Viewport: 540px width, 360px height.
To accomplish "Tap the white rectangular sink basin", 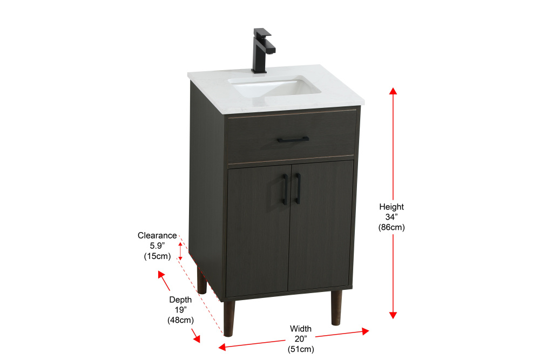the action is (274, 87).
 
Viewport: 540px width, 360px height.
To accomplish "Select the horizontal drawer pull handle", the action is (293, 139).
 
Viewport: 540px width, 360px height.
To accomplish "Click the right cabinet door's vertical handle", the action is (298, 188).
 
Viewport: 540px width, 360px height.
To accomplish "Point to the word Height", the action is (391, 207).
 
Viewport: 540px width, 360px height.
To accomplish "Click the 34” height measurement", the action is (391, 217).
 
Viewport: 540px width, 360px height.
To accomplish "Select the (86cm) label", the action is (391, 227).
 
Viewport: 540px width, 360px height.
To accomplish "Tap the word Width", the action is (301, 329).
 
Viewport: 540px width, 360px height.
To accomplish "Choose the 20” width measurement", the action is (301, 339).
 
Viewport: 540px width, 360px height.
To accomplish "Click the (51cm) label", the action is (301, 349).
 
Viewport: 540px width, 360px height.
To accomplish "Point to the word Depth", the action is (180, 300).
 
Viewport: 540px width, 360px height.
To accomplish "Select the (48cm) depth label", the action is (181, 320).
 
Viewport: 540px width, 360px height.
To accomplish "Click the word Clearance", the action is (157, 236).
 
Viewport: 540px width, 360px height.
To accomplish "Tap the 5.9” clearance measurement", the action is (157, 246).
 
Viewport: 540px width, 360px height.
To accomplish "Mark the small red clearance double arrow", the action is (180, 251).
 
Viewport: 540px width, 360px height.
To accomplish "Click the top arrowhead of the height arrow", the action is (393, 91).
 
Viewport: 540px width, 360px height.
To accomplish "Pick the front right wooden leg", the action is (336, 307).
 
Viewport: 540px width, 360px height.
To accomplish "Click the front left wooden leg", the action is (228, 318).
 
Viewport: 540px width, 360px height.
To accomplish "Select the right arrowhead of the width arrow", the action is (366, 331).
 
